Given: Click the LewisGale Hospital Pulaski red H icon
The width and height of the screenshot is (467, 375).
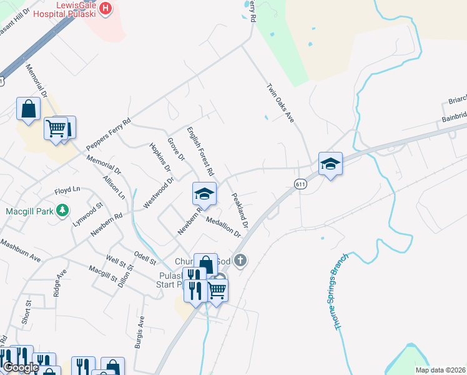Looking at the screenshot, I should point(105,9).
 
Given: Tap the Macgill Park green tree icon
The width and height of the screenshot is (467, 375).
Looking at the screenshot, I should point(62,211).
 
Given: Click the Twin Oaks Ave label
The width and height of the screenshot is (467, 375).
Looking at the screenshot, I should point(280,103).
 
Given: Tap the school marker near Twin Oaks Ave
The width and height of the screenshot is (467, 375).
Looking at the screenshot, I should point(330,164).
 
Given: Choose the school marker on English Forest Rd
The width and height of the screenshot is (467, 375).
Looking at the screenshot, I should point(204,194).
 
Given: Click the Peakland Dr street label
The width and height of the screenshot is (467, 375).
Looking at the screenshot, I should point(240,210).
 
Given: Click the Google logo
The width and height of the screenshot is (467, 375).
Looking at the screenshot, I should point(20,367).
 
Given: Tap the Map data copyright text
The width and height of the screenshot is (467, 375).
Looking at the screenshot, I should point(441,370).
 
